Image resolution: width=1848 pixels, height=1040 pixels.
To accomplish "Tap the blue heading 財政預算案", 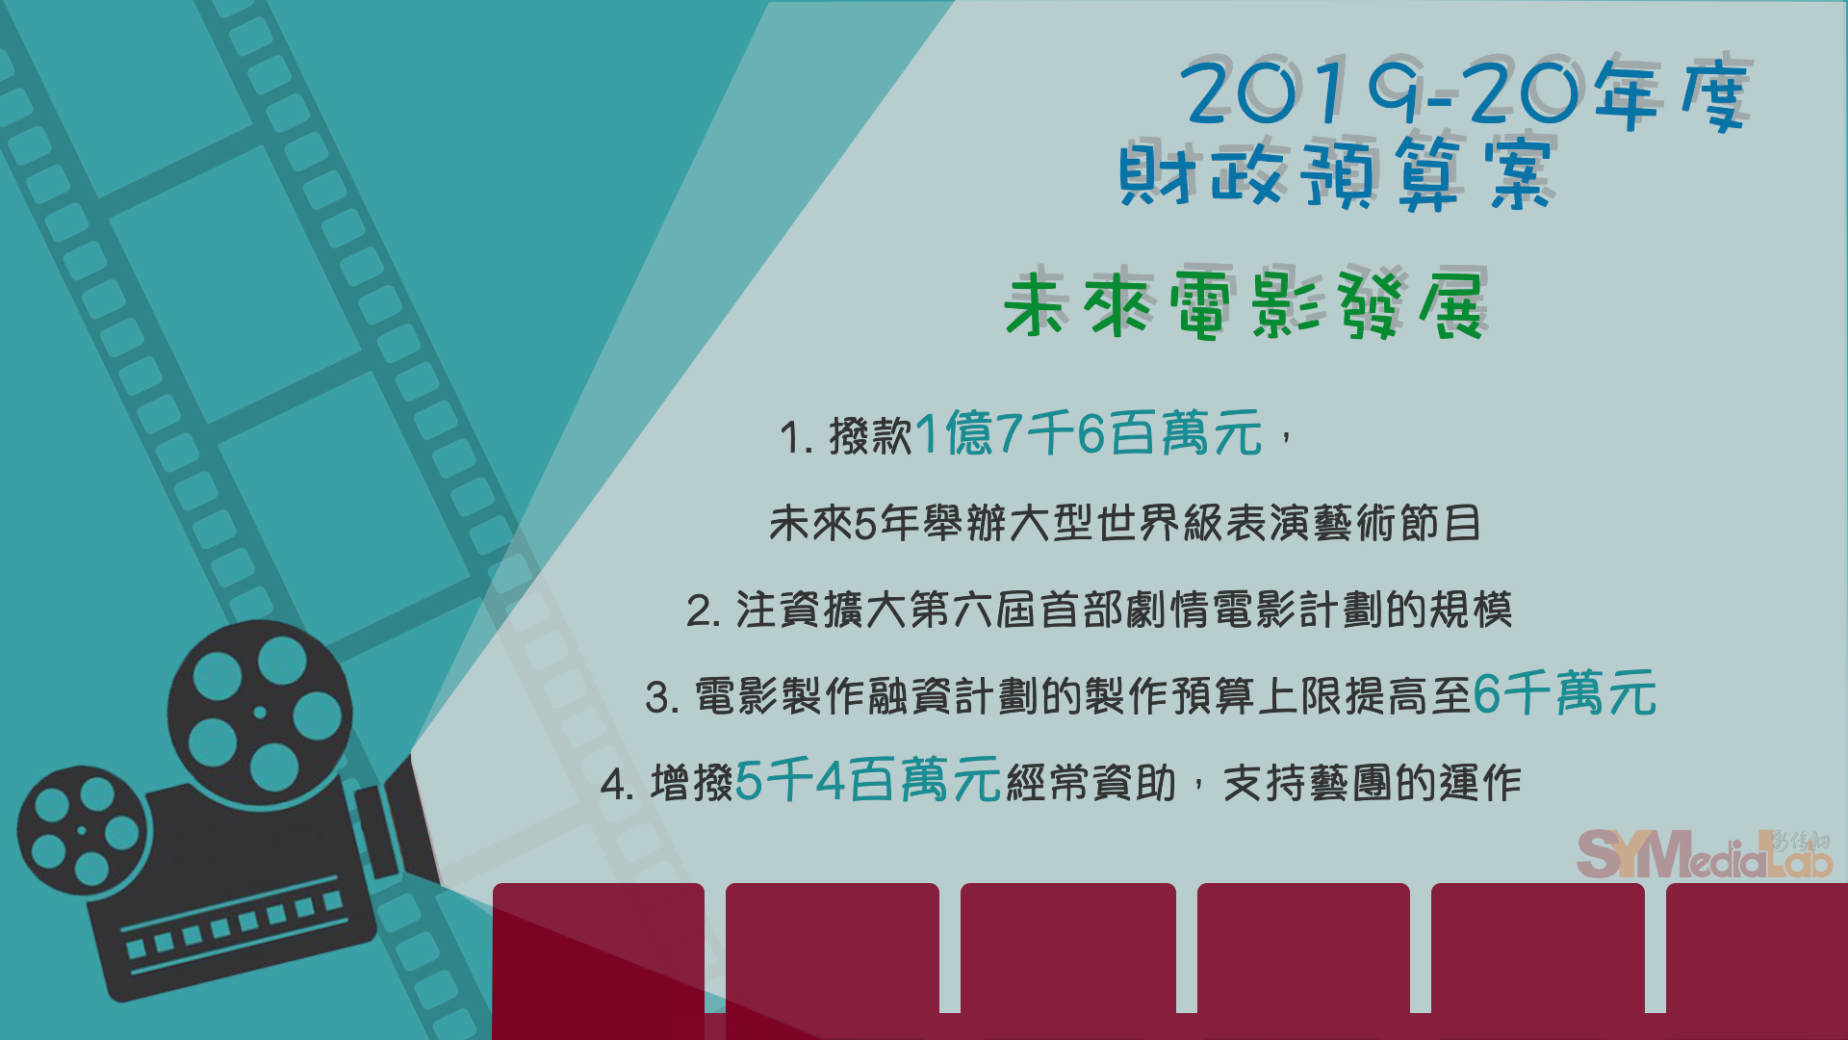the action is (1336, 173).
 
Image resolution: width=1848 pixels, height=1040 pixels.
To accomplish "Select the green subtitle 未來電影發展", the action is (1245, 304).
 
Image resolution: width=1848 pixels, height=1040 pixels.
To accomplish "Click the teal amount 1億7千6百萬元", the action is (1088, 432).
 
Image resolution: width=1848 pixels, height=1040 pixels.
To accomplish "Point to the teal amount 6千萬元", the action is (1565, 693).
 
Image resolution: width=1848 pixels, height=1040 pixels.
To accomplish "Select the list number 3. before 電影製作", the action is (663, 698).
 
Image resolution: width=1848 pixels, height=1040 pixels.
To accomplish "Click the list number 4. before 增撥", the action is (617, 785).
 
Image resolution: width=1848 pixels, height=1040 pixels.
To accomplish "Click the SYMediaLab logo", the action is (1705, 853).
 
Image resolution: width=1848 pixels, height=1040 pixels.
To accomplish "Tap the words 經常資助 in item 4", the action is (1091, 783).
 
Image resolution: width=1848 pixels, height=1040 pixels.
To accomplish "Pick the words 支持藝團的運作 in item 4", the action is (1373, 783).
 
